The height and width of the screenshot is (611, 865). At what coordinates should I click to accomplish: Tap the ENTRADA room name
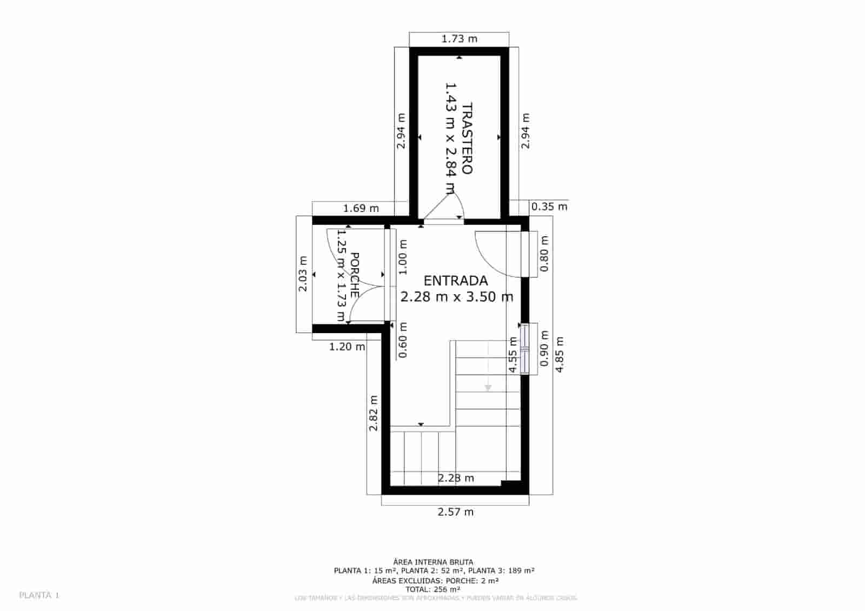click(x=456, y=281)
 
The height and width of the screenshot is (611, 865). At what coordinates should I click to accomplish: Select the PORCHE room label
click(x=355, y=275)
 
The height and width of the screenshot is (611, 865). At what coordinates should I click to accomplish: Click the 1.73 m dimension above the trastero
click(x=460, y=39)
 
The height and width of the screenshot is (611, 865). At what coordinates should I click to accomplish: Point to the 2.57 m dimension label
click(x=455, y=512)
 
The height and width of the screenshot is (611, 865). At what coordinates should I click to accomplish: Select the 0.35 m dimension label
click(x=549, y=207)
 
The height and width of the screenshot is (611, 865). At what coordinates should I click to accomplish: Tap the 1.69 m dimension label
click(x=361, y=208)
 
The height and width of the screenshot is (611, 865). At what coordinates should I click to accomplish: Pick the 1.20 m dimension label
click(x=347, y=347)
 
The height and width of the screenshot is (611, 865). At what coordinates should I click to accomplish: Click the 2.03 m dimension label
click(x=303, y=274)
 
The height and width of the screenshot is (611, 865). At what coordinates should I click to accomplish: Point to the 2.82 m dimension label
click(x=373, y=413)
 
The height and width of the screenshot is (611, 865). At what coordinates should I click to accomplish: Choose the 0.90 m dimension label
click(x=544, y=348)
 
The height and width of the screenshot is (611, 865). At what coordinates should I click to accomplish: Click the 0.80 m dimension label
click(x=544, y=254)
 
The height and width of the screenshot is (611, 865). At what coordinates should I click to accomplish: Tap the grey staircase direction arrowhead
click(x=488, y=388)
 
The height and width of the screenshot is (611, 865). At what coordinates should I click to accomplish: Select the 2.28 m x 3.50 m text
click(x=457, y=297)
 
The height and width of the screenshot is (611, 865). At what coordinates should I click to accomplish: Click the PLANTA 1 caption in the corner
click(x=39, y=595)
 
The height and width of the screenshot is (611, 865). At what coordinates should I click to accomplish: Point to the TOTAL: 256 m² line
click(x=433, y=589)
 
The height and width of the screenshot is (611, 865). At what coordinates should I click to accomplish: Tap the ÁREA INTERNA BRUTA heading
click(x=433, y=562)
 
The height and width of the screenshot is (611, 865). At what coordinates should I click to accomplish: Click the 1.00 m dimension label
click(x=403, y=256)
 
